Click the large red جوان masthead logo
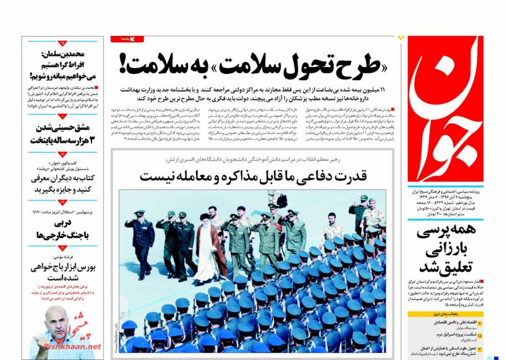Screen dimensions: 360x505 449,107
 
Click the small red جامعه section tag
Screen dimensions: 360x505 128,39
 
